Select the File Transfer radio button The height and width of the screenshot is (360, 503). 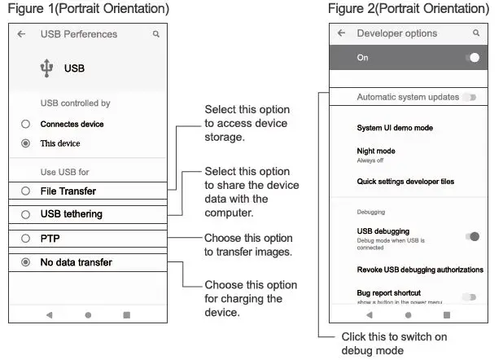[26, 191]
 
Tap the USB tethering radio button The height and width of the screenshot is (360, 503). [26, 214]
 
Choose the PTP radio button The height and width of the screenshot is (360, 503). [26, 239]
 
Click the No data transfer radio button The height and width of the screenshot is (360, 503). [26, 262]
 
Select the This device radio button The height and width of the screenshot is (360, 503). [26, 143]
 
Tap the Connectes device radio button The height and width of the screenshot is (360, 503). [26, 124]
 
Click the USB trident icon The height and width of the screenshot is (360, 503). [46, 69]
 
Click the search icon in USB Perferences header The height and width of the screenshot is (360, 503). [156, 34]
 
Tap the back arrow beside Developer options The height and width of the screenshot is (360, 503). [341, 33]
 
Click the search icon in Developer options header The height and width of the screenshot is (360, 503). [476, 33]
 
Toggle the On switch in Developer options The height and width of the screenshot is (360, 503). [472, 58]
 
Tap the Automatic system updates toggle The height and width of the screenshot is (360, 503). [469, 97]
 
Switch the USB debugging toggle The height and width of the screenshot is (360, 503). [471, 236]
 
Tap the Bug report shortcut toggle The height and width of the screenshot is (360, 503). [469, 296]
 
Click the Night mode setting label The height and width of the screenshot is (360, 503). [376, 151]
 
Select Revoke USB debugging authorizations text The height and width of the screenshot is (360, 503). [420, 270]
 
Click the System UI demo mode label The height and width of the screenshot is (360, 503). [395, 128]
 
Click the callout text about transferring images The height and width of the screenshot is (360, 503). [247, 244]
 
